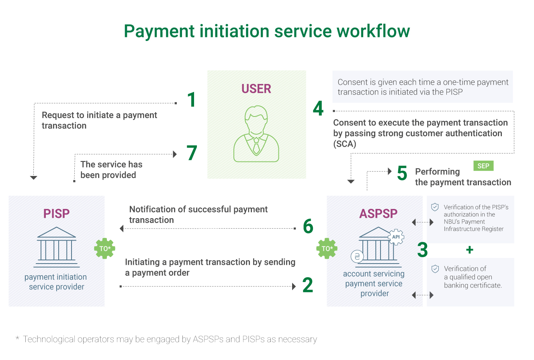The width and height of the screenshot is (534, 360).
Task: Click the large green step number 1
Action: pyautogui.click(x=192, y=99)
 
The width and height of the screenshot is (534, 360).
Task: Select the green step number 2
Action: pyautogui.click(x=307, y=285)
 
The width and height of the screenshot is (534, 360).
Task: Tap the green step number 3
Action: pyautogui.click(x=422, y=250)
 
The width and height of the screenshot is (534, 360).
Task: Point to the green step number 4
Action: pyautogui.click(x=318, y=108)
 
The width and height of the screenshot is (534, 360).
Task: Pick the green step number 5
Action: pyautogui.click(x=402, y=173)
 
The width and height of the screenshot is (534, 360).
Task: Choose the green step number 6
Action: pyautogui.click(x=308, y=227)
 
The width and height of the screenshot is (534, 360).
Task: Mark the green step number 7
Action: pyautogui.click(x=192, y=153)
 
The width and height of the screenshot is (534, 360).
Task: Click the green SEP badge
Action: pyautogui.click(x=483, y=166)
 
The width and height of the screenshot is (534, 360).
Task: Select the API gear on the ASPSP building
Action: pyautogui.click(x=396, y=237)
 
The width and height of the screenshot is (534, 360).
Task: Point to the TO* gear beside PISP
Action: pyautogui.click(x=105, y=249)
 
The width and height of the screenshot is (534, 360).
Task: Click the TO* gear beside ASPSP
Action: pyautogui.click(x=327, y=249)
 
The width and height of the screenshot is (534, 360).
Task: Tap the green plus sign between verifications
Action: pyautogui.click(x=469, y=250)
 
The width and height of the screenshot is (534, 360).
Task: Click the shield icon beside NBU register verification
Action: pyautogui.click(x=435, y=207)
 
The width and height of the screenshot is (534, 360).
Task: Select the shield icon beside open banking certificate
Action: pyautogui.click(x=435, y=269)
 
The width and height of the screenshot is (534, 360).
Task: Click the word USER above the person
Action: pyautogui.click(x=256, y=89)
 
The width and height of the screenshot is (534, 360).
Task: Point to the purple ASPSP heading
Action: pyautogui.click(x=379, y=214)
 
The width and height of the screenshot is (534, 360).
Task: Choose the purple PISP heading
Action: pyautogui.click(x=56, y=214)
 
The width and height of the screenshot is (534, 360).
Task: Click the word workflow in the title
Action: pyautogui.click(x=370, y=31)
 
